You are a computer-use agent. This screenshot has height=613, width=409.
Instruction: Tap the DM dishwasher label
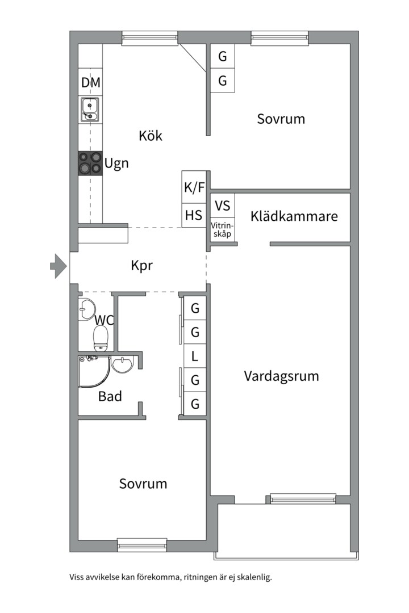click(90, 83)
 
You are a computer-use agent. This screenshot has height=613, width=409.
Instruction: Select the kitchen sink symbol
click(90, 110)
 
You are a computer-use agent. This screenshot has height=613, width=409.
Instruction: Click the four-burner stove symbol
click(90, 163)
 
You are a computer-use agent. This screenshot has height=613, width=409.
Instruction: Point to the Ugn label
click(116, 164)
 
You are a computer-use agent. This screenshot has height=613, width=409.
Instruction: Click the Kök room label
click(151, 136)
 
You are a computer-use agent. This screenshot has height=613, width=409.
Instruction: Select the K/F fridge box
click(194, 187)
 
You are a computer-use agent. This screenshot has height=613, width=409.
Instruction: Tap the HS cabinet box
click(194, 216)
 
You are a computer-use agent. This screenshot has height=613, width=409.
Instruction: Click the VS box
click(222, 205)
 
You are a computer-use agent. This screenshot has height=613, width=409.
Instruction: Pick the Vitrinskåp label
click(222, 230)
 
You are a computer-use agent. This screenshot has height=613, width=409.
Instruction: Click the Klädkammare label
click(294, 216)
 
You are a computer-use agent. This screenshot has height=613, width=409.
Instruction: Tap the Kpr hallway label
click(141, 265)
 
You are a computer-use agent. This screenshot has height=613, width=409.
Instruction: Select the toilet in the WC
click(101, 338)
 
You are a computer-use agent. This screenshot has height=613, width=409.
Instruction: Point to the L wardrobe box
click(195, 356)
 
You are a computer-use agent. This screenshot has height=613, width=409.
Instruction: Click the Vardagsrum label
click(281, 376)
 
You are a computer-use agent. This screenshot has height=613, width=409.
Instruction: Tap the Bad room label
click(110, 396)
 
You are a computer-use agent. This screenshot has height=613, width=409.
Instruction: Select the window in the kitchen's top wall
click(150, 38)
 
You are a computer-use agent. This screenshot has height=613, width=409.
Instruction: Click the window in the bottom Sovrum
click(142, 545)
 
